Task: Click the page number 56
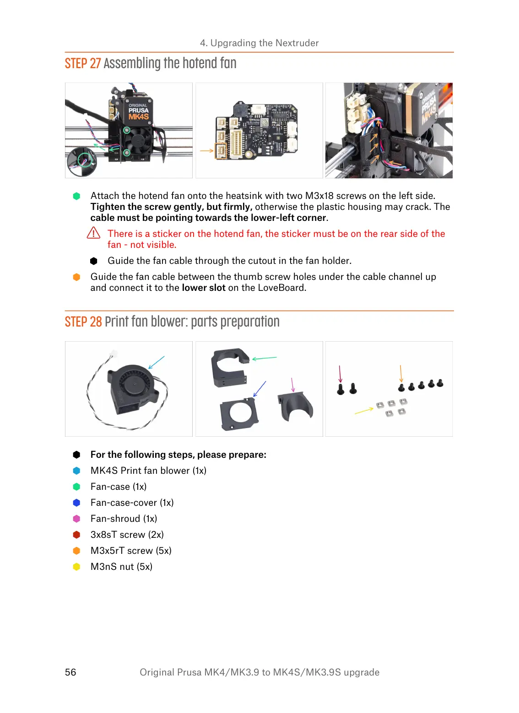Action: click(70, 672)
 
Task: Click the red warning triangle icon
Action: click(93, 233)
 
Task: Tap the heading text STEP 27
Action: click(83, 64)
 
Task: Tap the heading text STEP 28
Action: click(83, 322)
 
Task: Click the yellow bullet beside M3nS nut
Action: click(76, 567)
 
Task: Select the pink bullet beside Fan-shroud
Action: click(76, 519)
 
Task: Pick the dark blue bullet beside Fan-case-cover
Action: click(76, 503)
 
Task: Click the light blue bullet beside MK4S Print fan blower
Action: click(76, 471)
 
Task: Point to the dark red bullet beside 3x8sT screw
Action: click(76, 535)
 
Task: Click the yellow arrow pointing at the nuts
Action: click(364, 411)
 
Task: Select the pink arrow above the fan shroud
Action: click(293, 385)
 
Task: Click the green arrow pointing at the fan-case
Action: click(265, 358)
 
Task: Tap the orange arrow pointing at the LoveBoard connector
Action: click(207, 150)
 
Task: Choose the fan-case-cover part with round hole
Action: click(239, 414)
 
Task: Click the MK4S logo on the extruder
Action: click(138, 117)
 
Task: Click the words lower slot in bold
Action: click(204, 288)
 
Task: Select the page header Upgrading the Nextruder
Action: click(259, 43)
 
